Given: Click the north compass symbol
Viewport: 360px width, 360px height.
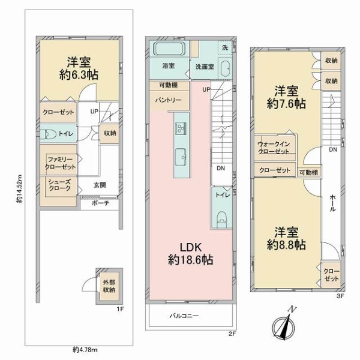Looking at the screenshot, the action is click(x=284, y=326).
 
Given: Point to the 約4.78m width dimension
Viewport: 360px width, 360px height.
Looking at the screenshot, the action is click(x=85, y=350).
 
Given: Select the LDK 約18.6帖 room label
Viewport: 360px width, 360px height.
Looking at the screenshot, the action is click(x=190, y=254).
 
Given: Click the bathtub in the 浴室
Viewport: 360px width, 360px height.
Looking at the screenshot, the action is click(x=169, y=48).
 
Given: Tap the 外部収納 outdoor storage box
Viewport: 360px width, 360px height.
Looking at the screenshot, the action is click(x=109, y=286).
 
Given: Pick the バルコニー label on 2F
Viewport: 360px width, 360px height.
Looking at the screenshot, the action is click(x=184, y=316).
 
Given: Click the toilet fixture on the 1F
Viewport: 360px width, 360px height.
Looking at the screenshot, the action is click(x=48, y=134).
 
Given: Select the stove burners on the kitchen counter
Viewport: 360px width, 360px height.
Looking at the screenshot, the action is click(x=181, y=128).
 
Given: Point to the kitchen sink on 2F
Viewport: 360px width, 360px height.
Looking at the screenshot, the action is click(x=181, y=157).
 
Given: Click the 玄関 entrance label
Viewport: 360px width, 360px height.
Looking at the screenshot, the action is click(x=100, y=185).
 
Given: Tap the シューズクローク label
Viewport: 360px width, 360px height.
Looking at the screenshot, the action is click(x=59, y=185).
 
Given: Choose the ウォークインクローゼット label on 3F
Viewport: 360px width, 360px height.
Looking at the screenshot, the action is click(x=274, y=148).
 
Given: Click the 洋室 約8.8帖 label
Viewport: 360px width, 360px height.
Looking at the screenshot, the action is click(x=286, y=239).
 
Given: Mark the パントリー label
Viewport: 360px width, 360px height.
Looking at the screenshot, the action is click(x=168, y=100).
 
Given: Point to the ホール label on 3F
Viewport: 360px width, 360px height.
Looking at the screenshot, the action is click(x=332, y=203).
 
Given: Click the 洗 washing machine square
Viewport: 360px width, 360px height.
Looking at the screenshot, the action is click(x=225, y=47).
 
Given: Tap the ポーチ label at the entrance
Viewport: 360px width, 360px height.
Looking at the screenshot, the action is click(x=100, y=203).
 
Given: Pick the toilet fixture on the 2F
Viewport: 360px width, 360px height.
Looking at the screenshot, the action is click(x=221, y=218).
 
